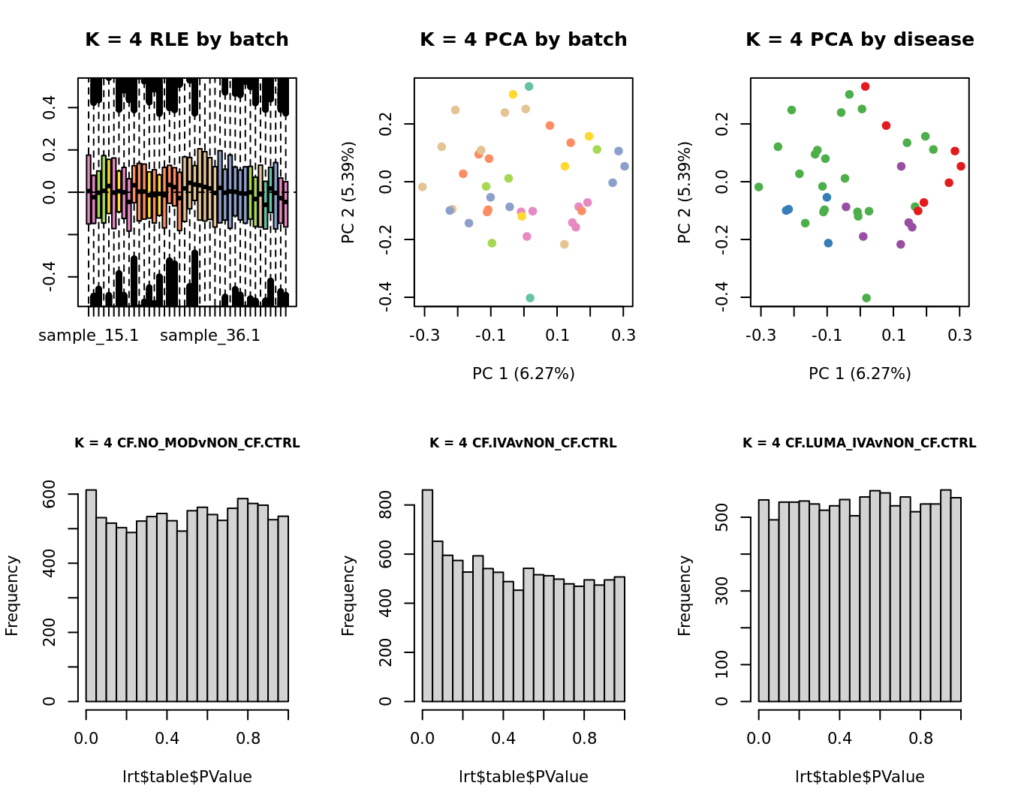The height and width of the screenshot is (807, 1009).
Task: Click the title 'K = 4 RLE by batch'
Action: click(187, 40)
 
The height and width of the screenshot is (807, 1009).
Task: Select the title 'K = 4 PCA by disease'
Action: click(860, 40)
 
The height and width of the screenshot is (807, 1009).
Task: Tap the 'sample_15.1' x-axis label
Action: click(89, 336)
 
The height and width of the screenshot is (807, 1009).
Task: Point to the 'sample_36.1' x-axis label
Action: click(210, 336)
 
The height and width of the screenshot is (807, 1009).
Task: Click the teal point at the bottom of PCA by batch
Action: click(530, 298)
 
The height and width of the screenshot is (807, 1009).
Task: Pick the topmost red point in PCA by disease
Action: click(865, 87)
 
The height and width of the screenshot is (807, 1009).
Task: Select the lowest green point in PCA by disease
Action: click(866, 298)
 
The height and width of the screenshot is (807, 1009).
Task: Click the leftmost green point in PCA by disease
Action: click(758, 187)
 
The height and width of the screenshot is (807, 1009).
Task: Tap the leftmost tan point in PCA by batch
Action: click(422, 187)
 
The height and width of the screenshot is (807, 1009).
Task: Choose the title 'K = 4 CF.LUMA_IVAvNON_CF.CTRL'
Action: click(860, 444)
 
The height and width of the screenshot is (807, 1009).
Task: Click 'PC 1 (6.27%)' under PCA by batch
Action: click(523, 374)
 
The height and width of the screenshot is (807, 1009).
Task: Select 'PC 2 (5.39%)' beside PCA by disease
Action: click(685, 192)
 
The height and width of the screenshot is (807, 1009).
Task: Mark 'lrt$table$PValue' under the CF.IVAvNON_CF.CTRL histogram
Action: click(523, 777)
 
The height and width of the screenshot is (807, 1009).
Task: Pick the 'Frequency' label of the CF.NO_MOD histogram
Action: click(12, 595)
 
